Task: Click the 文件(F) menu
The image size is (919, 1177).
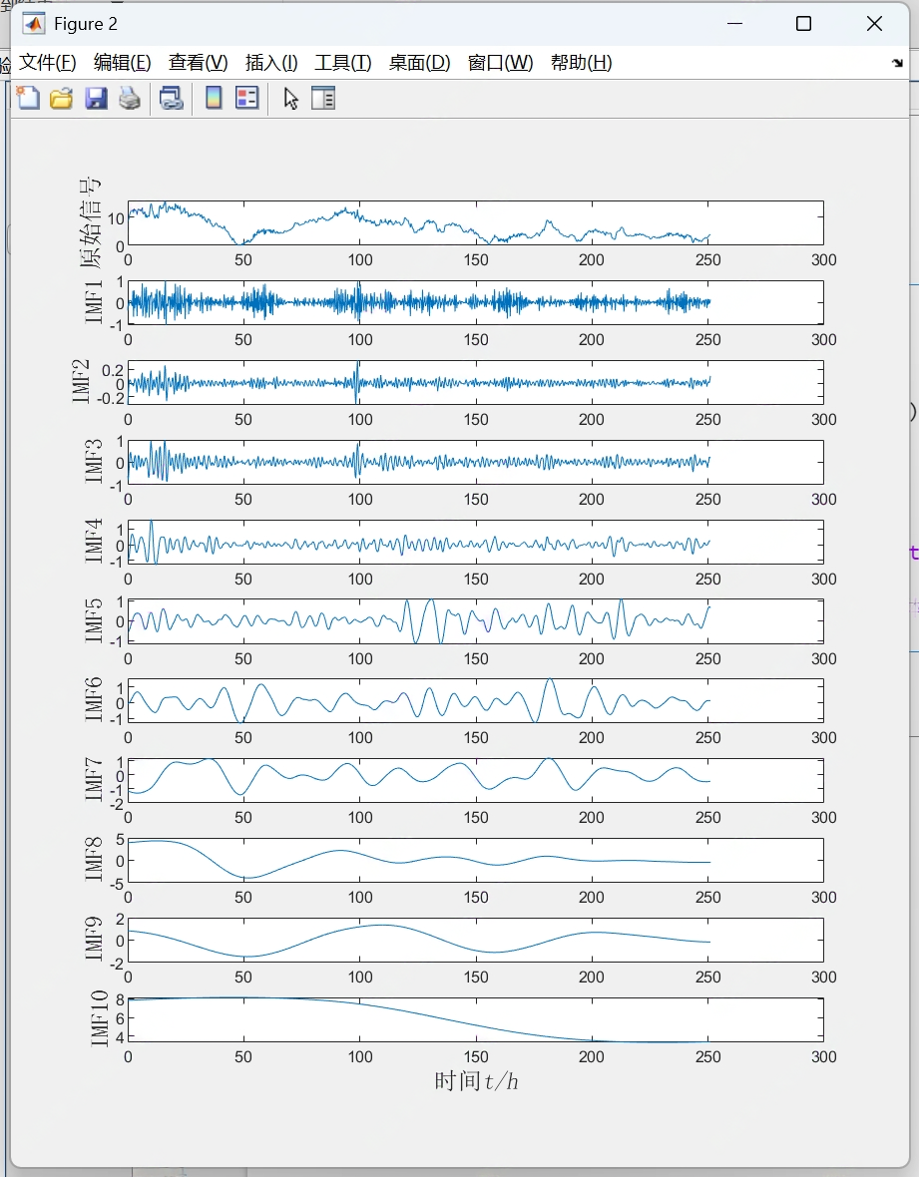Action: pyautogui.click(x=48, y=63)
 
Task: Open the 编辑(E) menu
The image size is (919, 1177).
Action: pyautogui.click(x=122, y=63)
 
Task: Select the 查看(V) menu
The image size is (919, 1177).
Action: pyautogui.click(x=198, y=63)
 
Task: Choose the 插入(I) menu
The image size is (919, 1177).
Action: pyautogui.click(x=271, y=63)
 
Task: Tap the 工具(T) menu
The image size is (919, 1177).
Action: pyautogui.click(x=343, y=63)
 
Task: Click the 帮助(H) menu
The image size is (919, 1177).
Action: pyautogui.click(x=581, y=63)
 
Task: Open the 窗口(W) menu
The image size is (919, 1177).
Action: pyautogui.click(x=500, y=63)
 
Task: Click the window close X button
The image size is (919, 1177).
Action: pyautogui.click(x=874, y=24)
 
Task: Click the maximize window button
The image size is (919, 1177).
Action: pyautogui.click(x=803, y=24)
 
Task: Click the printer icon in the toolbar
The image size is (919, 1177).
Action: pyautogui.click(x=130, y=98)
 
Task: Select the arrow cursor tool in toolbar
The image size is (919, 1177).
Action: pyautogui.click(x=290, y=98)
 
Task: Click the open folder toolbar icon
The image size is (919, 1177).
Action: pyautogui.click(x=62, y=98)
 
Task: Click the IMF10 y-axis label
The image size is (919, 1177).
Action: pyautogui.click(x=99, y=1019)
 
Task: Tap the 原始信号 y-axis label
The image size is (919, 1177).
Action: pyautogui.click(x=91, y=222)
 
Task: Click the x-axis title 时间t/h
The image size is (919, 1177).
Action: pyautogui.click(x=476, y=1081)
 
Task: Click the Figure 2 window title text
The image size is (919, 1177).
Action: pyautogui.click(x=86, y=24)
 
